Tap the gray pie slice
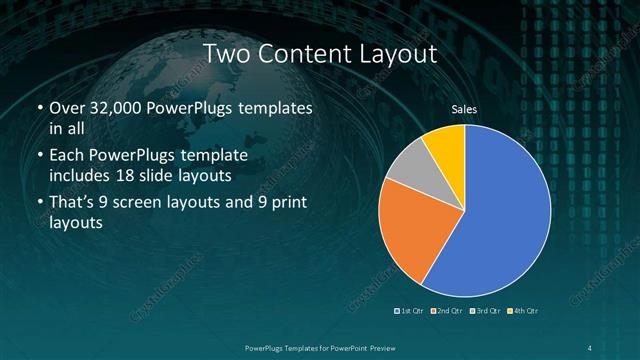[x=407, y=164]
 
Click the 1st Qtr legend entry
[x=411, y=311]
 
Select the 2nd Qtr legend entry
[x=446, y=311]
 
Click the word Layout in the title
[x=393, y=53]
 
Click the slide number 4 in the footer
[x=591, y=346]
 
